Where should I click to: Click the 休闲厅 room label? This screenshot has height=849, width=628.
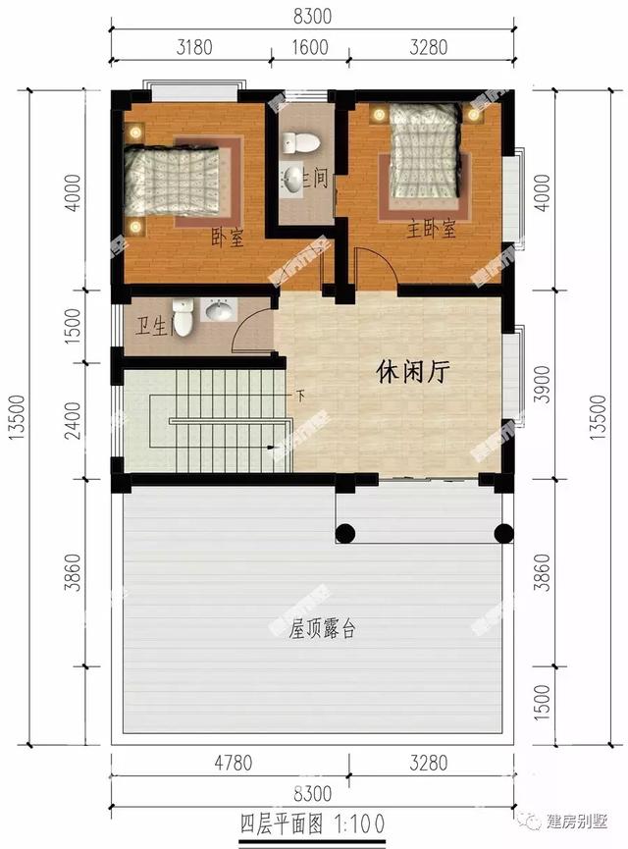(412, 372)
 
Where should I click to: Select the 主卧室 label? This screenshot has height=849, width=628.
(432, 230)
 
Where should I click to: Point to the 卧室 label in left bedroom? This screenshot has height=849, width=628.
(227, 237)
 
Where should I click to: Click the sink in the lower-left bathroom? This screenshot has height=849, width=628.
(220, 312)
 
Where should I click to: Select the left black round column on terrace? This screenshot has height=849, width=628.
(344, 534)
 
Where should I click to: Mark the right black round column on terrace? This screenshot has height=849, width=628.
(503, 534)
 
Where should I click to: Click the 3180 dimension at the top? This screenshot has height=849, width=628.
(188, 45)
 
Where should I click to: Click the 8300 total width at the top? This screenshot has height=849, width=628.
(313, 16)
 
